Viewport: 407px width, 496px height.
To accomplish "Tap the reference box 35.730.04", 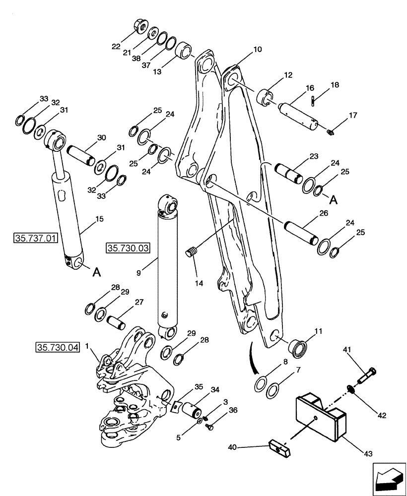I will pyautogui.click(x=58, y=347).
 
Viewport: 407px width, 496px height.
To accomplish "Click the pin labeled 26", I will pyautogui.click(x=299, y=232).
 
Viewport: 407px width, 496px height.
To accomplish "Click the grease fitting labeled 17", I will pyautogui.click(x=332, y=131).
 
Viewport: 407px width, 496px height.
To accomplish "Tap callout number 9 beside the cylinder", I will pyautogui.click(x=138, y=272).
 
